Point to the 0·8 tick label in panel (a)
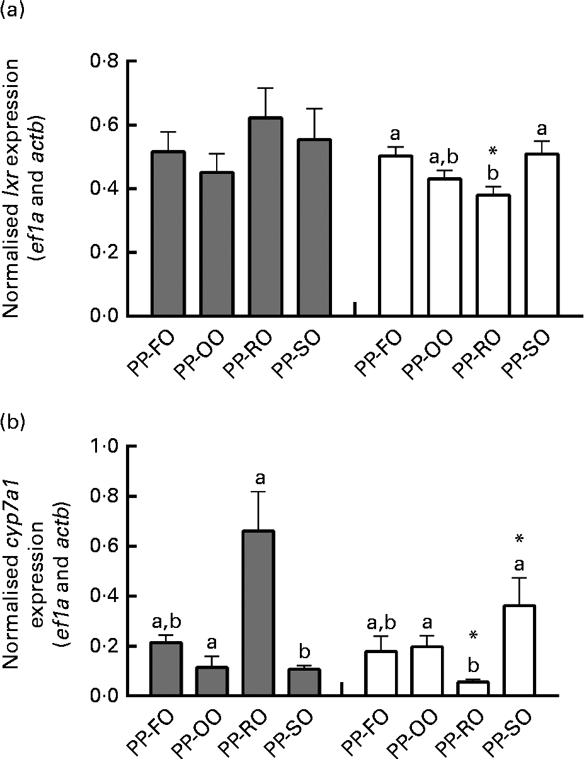tap(105, 61)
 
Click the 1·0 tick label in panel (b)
tap(105, 447)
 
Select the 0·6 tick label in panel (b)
tap(105, 547)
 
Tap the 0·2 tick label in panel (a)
tap(105, 252)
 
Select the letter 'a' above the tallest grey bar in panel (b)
tap(260, 480)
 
